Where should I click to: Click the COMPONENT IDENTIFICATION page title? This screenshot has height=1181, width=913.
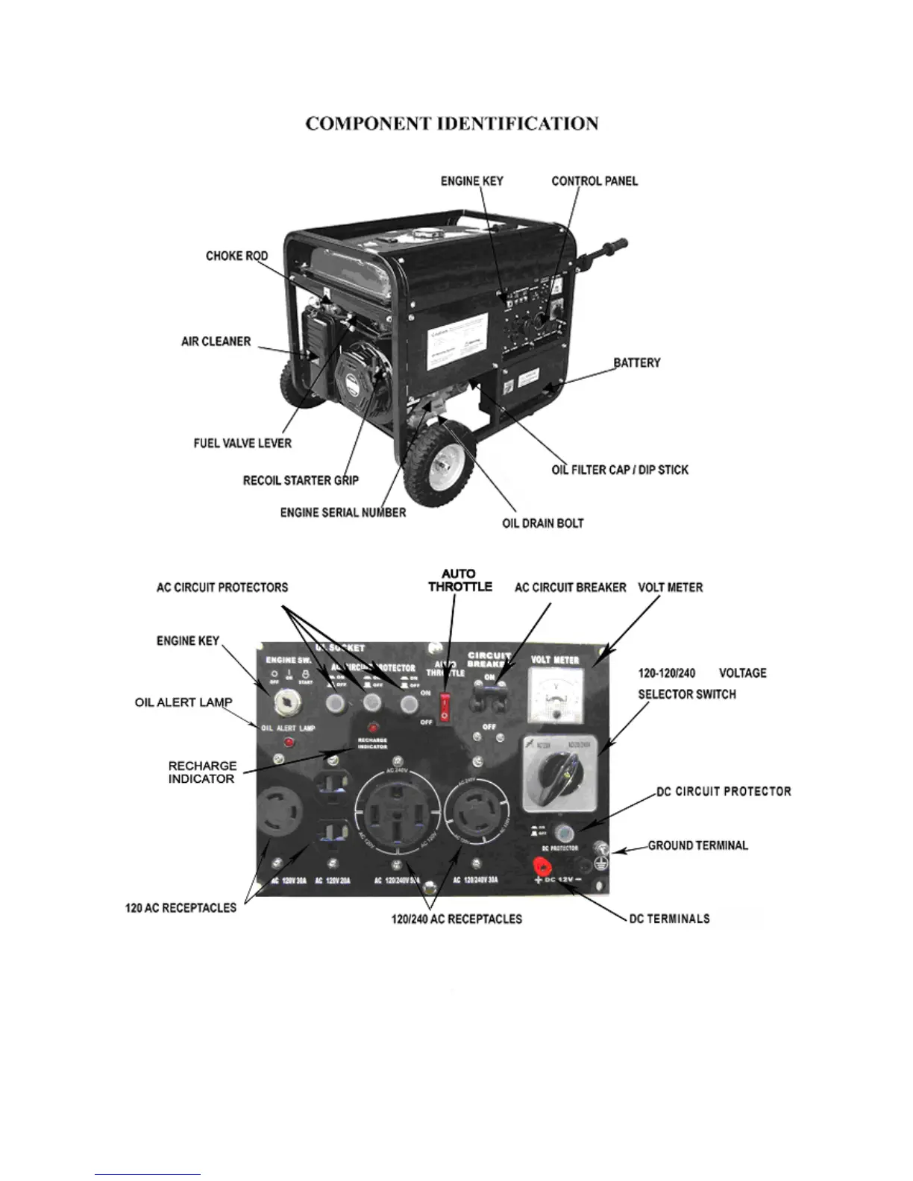click(x=452, y=124)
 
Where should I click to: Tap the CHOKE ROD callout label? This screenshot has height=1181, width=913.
click(x=236, y=256)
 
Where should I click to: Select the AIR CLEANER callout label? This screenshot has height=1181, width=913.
click(x=216, y=341)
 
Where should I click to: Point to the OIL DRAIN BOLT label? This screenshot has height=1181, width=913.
click(x=542, y=523)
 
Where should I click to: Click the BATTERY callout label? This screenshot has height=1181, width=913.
click(x=637, y=363)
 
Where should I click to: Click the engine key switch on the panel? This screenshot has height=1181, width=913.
click(x=287, y=701)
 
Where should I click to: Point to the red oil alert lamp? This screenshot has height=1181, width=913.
click(x=287, y=742)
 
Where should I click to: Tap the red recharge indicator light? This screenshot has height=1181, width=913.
click(x=371, y=728)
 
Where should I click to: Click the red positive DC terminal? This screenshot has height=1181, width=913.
click(x=541, y=866)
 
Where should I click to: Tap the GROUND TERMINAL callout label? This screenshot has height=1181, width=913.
click(x=697, y=845)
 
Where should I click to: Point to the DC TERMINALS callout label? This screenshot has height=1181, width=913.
click(x=669, y=919)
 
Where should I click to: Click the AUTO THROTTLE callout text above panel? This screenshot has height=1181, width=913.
click(x=459, y=581)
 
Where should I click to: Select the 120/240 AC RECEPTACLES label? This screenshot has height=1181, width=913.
click(x=456, y=919)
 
